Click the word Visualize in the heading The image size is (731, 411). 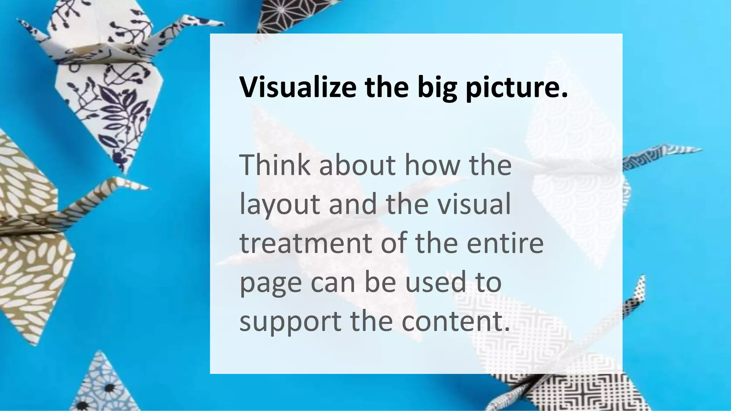(x=298, y=87)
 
